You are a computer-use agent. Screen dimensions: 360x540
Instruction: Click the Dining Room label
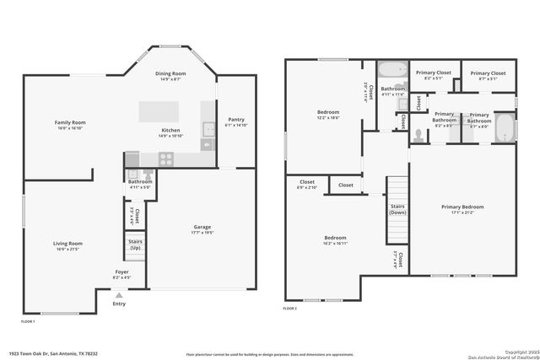coord(172,73)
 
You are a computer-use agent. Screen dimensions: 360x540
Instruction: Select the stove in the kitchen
coord(166,158)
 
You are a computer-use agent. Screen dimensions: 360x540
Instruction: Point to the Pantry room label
coord(236,120)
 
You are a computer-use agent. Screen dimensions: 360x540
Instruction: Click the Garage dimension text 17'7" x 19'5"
coord(202,232)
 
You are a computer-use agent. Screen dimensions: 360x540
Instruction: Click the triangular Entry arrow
coord(119,296)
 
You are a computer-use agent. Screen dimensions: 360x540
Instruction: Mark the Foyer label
coord(121,271)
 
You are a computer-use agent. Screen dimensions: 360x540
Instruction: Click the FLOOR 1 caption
coord(29,321)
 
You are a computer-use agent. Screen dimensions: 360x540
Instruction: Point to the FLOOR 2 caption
coord(290,309)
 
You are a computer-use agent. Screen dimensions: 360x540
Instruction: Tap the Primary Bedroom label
coord(462,207)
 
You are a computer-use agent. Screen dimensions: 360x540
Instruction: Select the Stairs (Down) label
coord(397,210)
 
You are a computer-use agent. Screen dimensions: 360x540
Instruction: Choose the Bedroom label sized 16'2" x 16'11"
coord(335,238)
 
